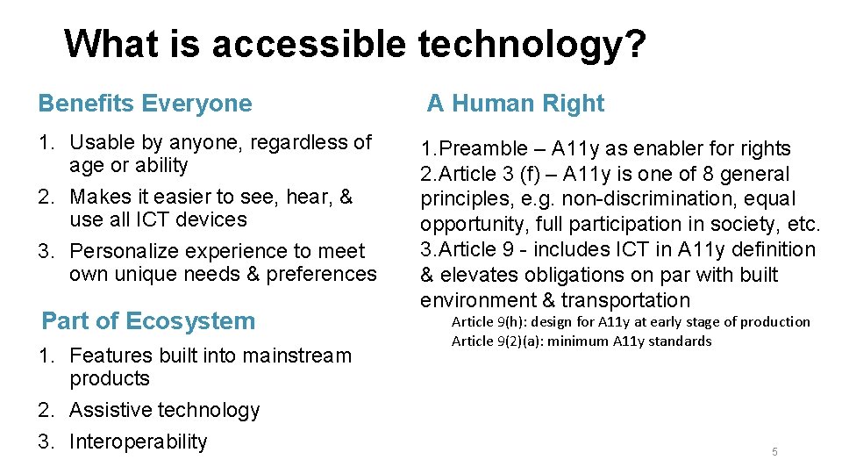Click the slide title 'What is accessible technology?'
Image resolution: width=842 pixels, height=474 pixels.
(x=355, y=43)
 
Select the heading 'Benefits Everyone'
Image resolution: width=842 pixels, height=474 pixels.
(x=145, y=104)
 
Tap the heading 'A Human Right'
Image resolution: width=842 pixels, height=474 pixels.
(x=516, y=104)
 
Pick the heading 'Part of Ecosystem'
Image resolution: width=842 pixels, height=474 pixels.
(x=148, y=321)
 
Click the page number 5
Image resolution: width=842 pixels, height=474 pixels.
(x=774, y=452)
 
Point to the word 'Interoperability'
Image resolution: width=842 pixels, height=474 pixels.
(x=138, y=442)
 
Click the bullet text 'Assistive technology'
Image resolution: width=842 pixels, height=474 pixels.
(x=164, y=410)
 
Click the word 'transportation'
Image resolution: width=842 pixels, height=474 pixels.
(x=626, y=300)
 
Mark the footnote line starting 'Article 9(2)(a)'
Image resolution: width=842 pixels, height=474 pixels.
(x=582, y=341)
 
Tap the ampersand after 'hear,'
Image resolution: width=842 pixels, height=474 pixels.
(x=346, y=197)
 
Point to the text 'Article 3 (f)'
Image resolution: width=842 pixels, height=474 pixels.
(x=487, y=175)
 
